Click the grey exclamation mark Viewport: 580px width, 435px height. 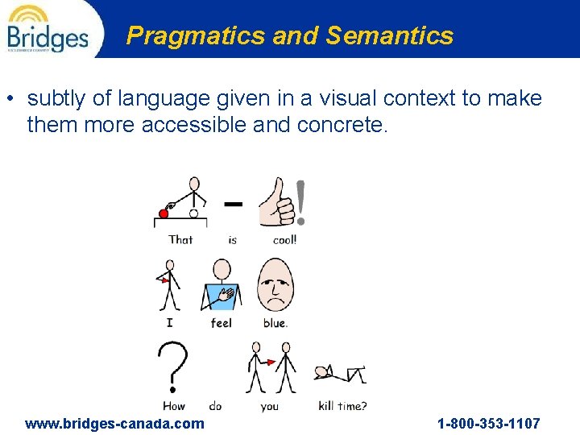click(301, 202)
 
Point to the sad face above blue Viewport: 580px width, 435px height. click(275, 285)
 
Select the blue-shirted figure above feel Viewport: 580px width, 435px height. click(221, 285)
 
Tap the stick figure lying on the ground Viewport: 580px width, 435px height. click(341, 374)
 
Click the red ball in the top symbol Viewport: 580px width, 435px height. click(164, 213)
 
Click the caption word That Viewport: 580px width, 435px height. click(180, 239)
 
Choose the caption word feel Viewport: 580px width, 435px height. click(221, 323)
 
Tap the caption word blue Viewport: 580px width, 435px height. click(275, 323)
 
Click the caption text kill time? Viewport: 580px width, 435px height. click(342, 406)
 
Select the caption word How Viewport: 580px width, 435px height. click(174, 406)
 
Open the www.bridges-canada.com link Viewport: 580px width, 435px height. click(114, 424)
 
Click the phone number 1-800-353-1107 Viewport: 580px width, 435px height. click(488, 424)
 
